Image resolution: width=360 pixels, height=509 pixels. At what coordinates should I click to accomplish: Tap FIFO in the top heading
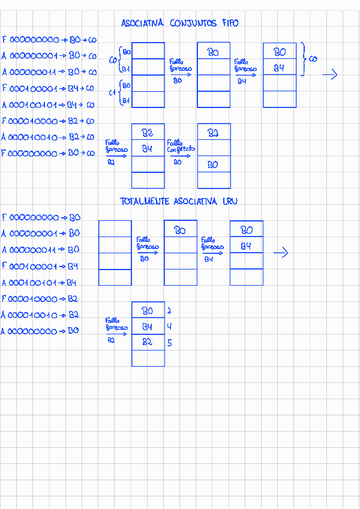(x=229, y=23)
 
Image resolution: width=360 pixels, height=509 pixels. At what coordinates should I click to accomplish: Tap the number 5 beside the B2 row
(x=170, y=343)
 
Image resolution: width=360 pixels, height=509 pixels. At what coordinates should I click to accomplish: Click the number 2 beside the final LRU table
(x=170, y=311)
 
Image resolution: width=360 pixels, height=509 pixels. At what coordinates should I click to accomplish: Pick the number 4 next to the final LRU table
(x=170, y=327)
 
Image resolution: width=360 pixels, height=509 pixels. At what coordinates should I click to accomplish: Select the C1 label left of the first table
(x=112, y=93)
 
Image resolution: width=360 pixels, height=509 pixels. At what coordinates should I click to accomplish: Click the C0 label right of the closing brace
(x=313, y=59)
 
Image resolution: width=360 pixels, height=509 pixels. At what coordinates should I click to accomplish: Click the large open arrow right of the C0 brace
(x=330, y=75)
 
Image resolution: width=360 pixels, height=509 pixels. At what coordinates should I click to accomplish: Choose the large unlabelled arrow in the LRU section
(x=281, y=253)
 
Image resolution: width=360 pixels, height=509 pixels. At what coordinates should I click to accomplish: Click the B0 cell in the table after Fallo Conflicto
(x=213, y=164)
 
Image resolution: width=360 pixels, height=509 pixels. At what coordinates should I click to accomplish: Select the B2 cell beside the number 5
(x=147, y=343)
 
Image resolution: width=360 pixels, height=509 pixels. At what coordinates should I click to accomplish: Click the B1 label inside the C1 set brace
(x=126, y=101)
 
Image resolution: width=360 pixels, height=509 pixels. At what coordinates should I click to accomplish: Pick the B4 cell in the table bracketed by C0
(x=279, y=68)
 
